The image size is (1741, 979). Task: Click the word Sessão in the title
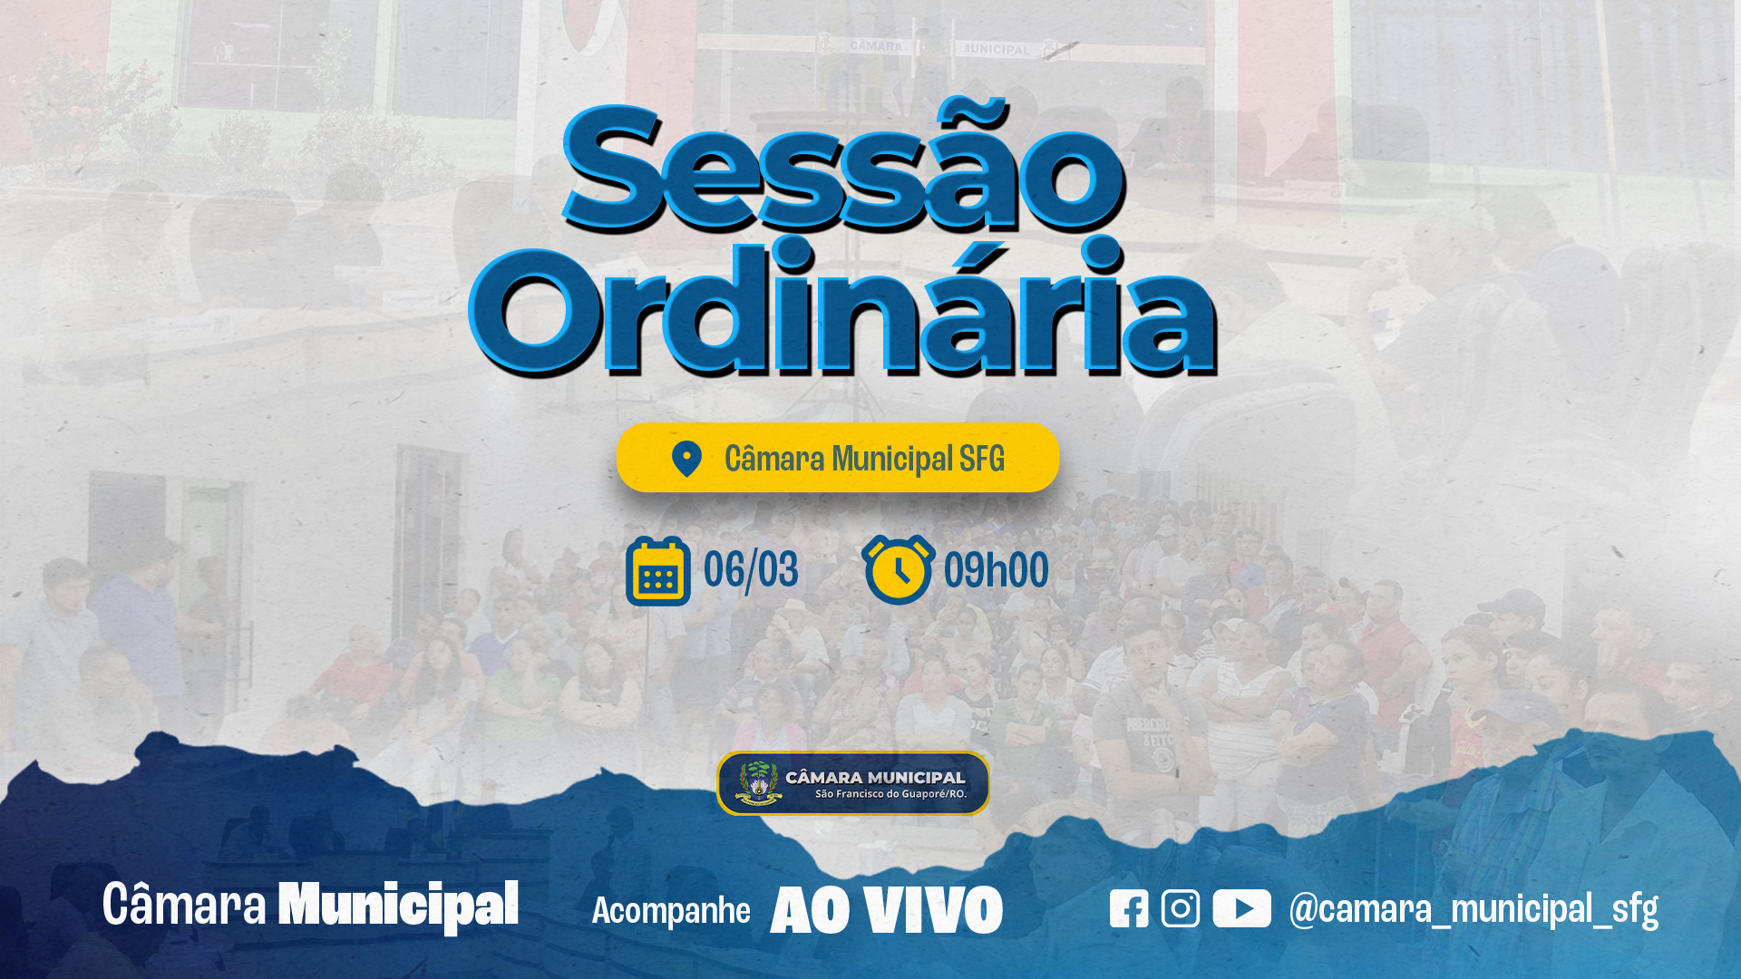coord(843,168)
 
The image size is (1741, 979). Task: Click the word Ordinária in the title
coord(843,308)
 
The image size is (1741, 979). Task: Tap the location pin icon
coord(686,459)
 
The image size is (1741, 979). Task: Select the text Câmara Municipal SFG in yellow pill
coord(864,459)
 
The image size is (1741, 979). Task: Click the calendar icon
coord(658,571)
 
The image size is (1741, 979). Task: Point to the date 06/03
coord(751,570)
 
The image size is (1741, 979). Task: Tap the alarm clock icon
coord(898,569)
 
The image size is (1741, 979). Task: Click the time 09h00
coord(996,570)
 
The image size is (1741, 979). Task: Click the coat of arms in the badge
coord(758,783)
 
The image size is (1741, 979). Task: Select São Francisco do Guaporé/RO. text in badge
coord(890,794)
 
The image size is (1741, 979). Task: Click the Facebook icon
coord(1129,908)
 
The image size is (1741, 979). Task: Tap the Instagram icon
coord(1181,908)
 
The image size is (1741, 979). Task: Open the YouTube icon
coord(1241,908)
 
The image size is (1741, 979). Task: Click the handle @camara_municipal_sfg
coord(1474,909)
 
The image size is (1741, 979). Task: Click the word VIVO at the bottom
coord(933,910)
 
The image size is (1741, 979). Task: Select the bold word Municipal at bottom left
coord(398,905)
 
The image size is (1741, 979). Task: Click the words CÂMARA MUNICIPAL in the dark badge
coord(875,777)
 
